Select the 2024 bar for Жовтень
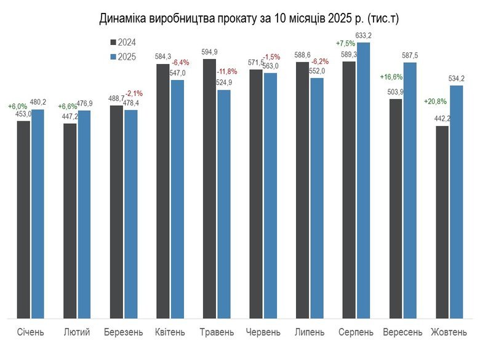(442, 222)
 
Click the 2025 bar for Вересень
(410, 190)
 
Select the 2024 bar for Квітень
(162, 191)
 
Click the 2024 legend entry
(123, 42)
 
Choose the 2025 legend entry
(123, 57)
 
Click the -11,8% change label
(227, 71)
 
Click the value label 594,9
(209, 52)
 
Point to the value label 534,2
(457, 79)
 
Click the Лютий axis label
(77, 332)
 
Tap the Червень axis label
(263, 332)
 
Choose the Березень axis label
(124, 332)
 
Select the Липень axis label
(310, 332)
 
